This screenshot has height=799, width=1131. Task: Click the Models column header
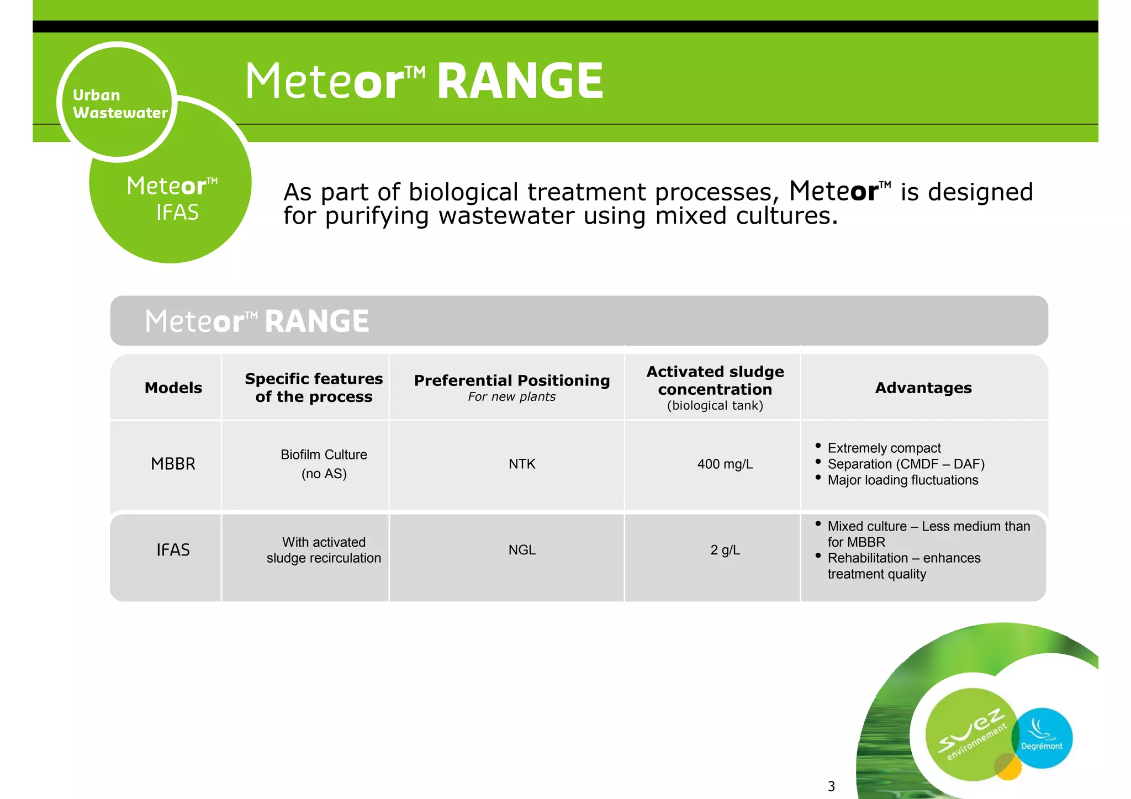click(173, 388)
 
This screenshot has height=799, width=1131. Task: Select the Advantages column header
click(923, 388)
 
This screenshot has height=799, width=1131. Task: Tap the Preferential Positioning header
click(511, 380)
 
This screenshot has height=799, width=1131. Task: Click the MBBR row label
click(173, 464)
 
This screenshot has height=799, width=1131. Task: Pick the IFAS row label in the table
click(173, 550)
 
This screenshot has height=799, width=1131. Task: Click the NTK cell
click(522, 464)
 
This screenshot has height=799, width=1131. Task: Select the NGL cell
click(522, 550)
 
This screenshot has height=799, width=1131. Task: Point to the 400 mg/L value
click(725, 464)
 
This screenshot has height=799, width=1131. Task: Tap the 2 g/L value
click(725, 550)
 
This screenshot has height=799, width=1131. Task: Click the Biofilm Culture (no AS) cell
click(324, 464)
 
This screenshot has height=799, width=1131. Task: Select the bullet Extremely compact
click(884, 448)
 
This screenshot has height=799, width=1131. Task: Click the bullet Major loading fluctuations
click(902, 480)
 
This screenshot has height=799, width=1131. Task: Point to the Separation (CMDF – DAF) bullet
click(906, 464)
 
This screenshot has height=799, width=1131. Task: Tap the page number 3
click(831, 786)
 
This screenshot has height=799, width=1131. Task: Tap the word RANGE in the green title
click(520, 81)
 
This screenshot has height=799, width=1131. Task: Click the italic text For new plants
click(511, 396)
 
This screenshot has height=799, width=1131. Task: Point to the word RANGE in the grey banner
click(316, 321)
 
